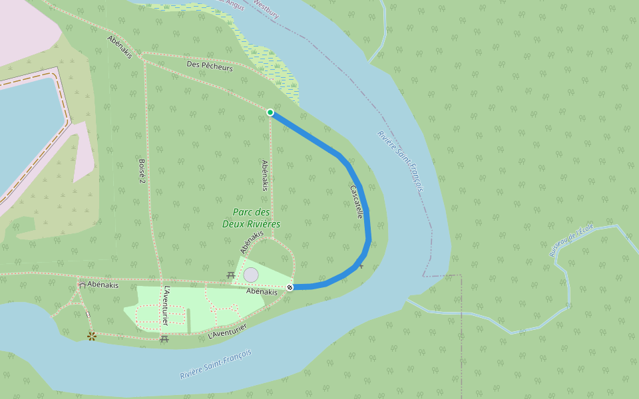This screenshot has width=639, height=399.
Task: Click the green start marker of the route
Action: click(270, 112)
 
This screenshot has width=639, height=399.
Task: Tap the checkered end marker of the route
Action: click(290, 287)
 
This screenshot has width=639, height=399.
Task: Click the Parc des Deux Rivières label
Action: click(251, 218)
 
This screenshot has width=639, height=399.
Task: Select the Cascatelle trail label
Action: click(356, 202)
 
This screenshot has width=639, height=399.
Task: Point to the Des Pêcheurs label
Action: click(210, 67)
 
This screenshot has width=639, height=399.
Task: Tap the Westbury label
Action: click(266, 7)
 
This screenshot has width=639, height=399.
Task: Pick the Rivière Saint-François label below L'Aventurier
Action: click(216, 364)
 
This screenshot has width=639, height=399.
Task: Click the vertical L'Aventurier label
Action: click(165, 306)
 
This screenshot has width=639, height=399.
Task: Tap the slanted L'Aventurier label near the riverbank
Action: click(227, 331)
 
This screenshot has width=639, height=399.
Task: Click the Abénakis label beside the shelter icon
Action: click(103, 285)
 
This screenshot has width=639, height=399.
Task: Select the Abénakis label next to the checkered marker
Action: click(262, 292)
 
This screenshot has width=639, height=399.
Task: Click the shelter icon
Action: click(81, 284)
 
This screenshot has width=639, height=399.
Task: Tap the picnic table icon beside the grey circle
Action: click(231, 275)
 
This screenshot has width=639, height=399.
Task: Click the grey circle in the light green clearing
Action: click(251, 275)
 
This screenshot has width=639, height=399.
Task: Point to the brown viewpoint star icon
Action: click(92, 336)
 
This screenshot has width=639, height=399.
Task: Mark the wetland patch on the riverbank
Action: click(280, 70)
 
